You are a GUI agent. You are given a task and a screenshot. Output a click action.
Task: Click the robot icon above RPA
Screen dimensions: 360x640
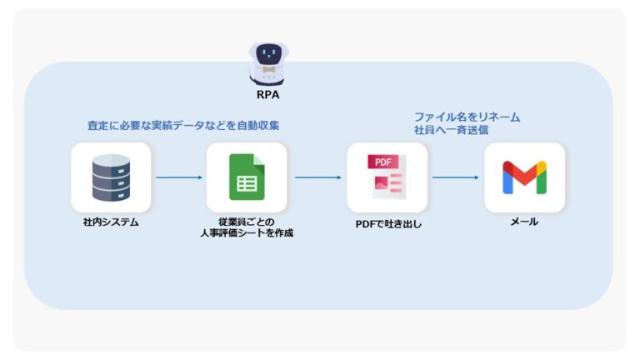tap(267, 63)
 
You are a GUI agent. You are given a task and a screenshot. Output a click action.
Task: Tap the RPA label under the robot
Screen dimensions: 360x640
tap(268, 96)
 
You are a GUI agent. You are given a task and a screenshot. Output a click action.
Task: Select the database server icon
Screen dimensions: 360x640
tap(111, 177)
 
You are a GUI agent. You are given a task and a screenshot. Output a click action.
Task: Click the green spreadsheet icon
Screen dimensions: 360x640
tap(247, 177)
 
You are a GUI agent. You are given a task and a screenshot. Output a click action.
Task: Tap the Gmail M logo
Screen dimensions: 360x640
tap(524, 177)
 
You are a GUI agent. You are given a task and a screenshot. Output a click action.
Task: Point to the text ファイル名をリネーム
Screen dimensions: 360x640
tap(467, 117)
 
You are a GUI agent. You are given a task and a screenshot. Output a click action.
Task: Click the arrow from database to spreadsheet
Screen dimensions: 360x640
tap(178, 177)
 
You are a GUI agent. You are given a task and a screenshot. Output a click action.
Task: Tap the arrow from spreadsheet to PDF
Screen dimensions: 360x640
tap(317, 177)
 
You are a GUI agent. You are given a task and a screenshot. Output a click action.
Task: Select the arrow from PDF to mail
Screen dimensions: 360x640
tap(455, 177)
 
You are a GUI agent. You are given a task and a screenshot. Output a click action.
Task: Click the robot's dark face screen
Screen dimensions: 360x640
tap(267, 55)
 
